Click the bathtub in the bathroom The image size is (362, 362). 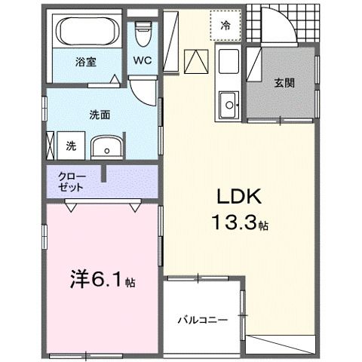[87, 32]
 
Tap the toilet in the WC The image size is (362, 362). [143, 34]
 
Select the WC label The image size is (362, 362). [143, 60]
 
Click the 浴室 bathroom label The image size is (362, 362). [86, 62]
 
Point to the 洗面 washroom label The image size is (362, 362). [100, 115]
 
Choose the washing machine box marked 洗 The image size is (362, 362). [71, 146]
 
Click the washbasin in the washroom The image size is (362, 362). [107, 148]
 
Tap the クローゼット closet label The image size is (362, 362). [72, 182]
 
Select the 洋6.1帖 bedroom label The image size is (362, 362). [103, 280]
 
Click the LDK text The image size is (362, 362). [239, 197]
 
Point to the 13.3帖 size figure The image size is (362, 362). [240, 223]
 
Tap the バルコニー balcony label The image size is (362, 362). [203, 320]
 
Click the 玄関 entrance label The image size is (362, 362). [284, 83]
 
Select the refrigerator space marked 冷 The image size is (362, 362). [225, 25]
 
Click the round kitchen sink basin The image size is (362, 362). [229, 105]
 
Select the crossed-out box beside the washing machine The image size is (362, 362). [51, 146]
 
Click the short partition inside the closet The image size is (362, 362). [103, 173]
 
